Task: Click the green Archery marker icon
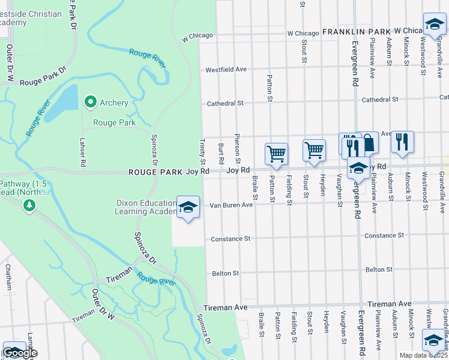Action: pos(91,103)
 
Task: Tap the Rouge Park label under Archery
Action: pos(114,122)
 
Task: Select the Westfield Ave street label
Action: pos(226,70)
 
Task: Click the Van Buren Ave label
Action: pos(231,205)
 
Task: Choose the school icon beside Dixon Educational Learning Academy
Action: pos(188,208)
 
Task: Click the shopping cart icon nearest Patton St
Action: pos(276,154)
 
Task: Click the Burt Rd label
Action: pos(221,154)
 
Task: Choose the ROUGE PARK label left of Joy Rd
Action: pos(155,172)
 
